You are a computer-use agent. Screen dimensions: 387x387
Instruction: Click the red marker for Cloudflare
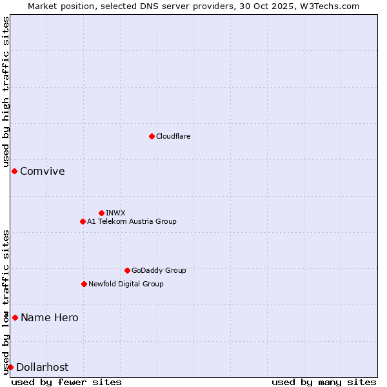[152, 136]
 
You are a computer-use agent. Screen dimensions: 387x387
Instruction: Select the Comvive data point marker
[14, 171]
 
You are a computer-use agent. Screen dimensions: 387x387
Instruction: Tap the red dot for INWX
[101, 213]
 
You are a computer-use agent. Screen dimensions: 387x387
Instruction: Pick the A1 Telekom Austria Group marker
[83, 221]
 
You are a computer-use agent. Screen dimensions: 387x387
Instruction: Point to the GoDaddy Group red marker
[127, 270]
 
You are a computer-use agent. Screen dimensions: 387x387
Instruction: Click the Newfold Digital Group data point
[84, 284]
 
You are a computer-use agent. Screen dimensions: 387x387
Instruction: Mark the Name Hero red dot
[15, 317]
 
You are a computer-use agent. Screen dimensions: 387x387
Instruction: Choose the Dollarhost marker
[10, 367]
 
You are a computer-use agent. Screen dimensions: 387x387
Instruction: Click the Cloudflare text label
[173, 136]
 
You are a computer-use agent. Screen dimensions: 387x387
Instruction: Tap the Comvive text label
[43, 171]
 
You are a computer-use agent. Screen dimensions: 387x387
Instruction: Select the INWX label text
[115, 213]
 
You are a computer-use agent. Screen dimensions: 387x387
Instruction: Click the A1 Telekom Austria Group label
[132, 221]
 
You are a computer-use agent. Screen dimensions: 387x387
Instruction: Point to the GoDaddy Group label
[159, 270]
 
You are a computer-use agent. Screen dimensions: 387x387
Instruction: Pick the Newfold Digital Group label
[126, 284]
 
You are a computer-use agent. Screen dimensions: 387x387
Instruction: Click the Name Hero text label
[50, 317]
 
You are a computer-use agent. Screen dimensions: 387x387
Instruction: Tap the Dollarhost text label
[43, 367]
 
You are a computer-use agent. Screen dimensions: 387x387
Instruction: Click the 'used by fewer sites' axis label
[66, 382]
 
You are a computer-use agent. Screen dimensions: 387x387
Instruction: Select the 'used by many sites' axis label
[324, 382]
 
